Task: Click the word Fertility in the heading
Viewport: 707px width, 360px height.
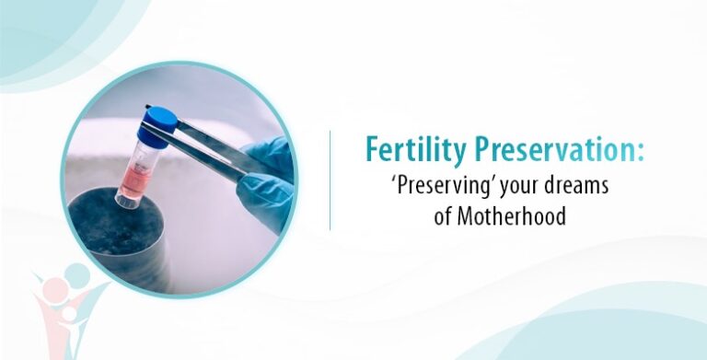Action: click(x=404, y=150)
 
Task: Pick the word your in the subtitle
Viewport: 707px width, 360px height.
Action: click(x=518, y=187)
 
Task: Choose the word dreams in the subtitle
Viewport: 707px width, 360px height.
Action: click(x=578, y=187)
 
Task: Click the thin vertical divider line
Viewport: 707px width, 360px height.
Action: click(x=330, y=180)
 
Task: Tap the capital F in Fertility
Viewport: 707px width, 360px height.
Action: click(x=372, y=150)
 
